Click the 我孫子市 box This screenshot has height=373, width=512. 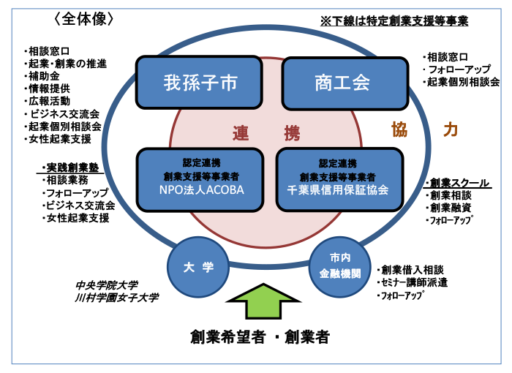(199, 83)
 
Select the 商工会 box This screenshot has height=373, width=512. (345, 83)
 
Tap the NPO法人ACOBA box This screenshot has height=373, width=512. (200, 180)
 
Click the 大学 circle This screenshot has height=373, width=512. (198, 267)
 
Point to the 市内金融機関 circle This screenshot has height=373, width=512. (340, 267)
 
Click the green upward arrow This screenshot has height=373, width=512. (263, 301)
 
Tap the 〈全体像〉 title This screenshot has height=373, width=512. (84, 19)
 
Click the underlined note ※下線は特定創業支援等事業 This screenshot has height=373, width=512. (394, 21)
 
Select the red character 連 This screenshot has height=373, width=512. (241, 133)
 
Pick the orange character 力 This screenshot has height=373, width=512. (451, 129)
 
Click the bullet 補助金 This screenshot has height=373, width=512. (42, 76)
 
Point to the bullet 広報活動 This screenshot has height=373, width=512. (47, 101)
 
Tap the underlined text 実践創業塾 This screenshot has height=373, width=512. (70, 168)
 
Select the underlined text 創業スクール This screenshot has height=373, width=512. (457, 183)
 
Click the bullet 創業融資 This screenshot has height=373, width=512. (448, 208)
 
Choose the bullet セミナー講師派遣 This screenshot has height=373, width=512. (412, 282)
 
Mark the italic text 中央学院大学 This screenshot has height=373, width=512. (107, 285)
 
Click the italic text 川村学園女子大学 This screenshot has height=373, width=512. (116, 298)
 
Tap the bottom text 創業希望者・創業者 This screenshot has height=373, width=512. (260, 336)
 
